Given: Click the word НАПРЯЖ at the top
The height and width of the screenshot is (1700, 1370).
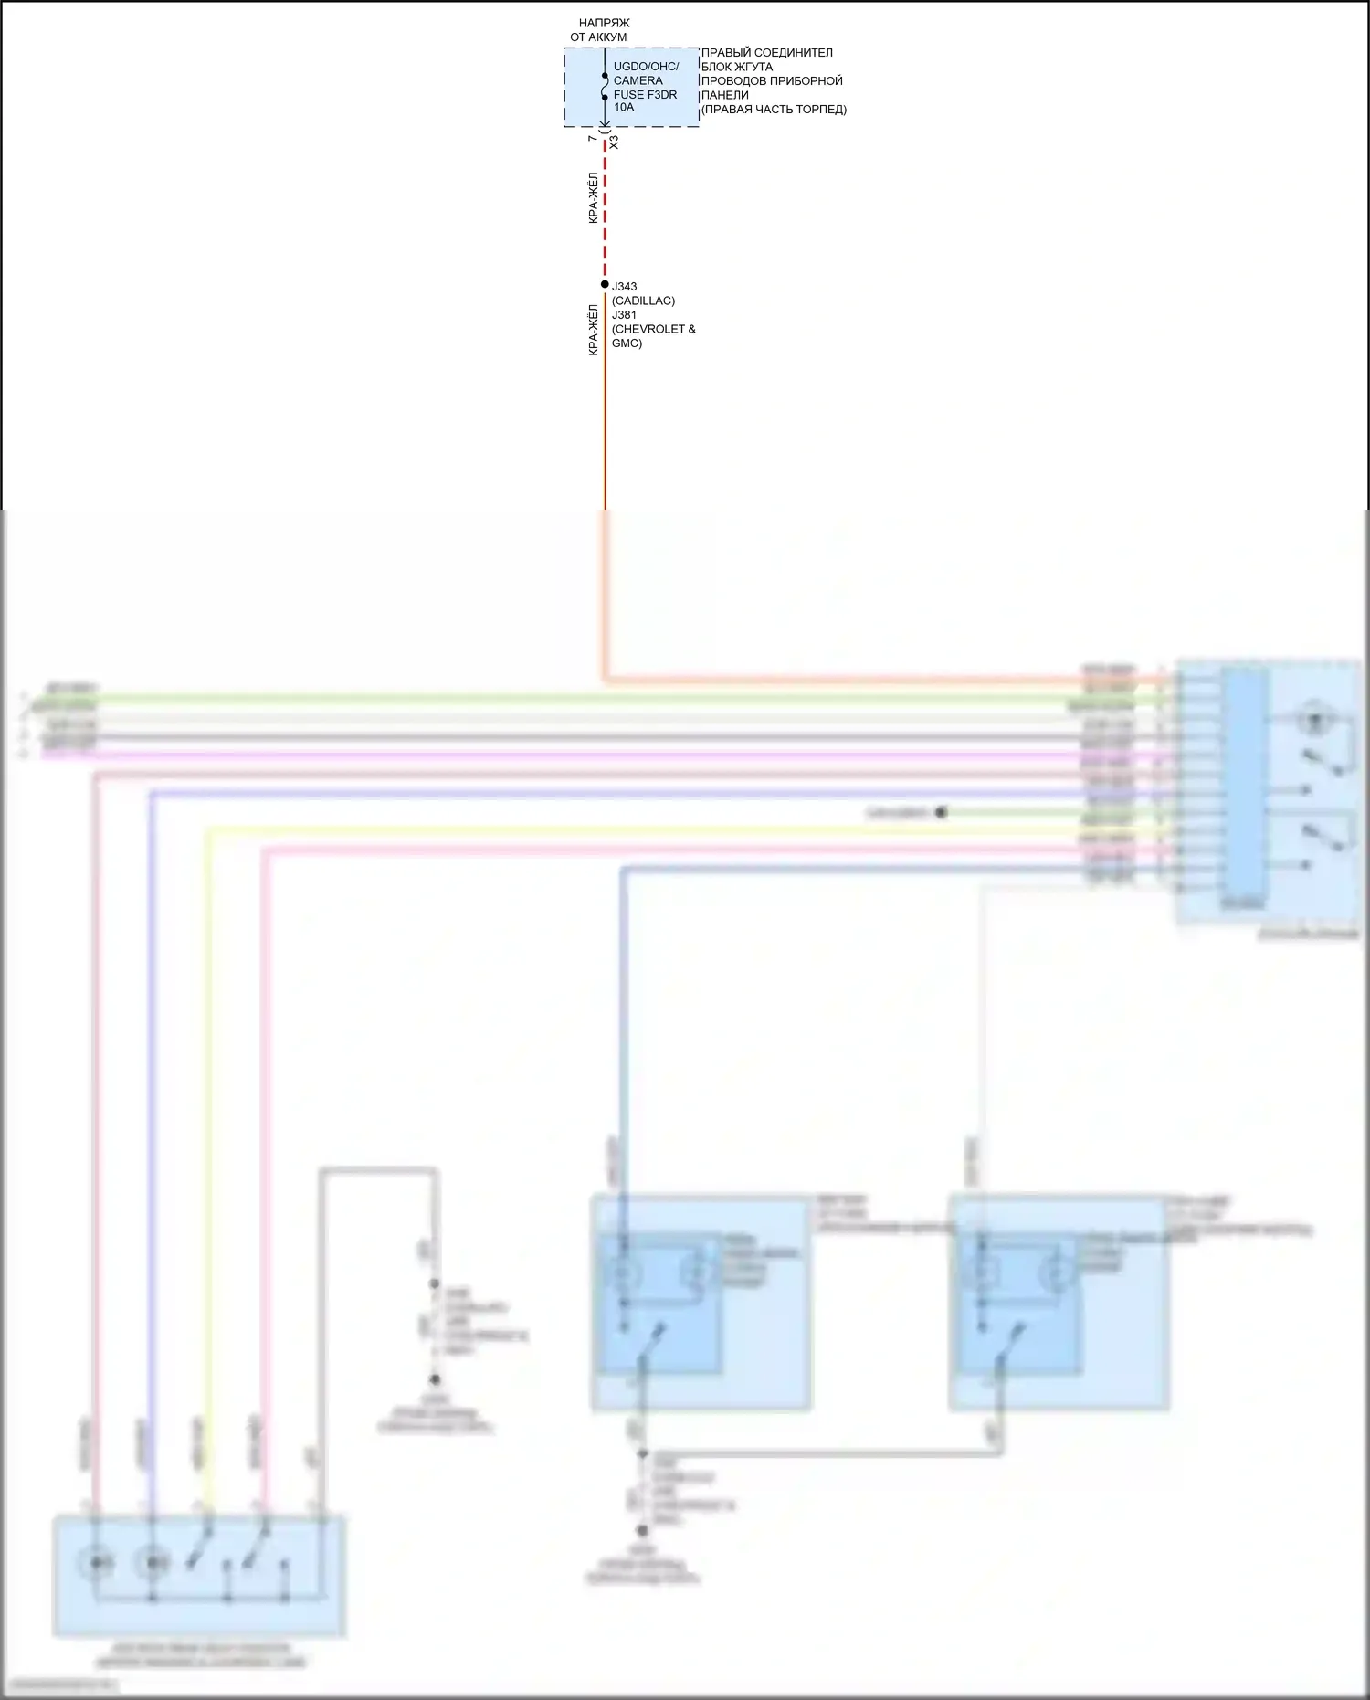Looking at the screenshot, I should (604, 23).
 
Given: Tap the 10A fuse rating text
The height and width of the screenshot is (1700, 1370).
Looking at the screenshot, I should (624, 108).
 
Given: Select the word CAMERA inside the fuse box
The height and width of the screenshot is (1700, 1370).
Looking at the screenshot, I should (638, 80).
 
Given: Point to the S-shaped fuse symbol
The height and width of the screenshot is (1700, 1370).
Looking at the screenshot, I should (605, 87).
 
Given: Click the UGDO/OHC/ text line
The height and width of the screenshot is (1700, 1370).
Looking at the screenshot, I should (646, 67).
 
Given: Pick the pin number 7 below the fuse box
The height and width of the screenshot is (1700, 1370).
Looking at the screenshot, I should (593, 138).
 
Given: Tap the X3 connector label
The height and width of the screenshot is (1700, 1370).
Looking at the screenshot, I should (614, 143).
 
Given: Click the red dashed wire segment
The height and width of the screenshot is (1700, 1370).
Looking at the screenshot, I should (605, 210).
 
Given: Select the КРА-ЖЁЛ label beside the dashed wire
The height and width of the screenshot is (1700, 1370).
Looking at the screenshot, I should (593, 198).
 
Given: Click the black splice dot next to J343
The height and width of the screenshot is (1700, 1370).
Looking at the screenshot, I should (605, 284).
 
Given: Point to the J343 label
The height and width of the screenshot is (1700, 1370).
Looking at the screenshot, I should (625, 287).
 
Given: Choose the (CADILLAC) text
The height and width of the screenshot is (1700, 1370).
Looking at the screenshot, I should (643, 301).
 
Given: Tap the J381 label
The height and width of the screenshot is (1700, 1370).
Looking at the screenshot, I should (625, 315).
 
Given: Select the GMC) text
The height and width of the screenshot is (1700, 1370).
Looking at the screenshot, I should (627, 343).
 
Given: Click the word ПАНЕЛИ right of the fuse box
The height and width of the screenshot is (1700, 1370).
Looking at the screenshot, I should (724, 95).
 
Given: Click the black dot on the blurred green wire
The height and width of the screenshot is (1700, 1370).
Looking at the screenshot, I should (941, 812).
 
